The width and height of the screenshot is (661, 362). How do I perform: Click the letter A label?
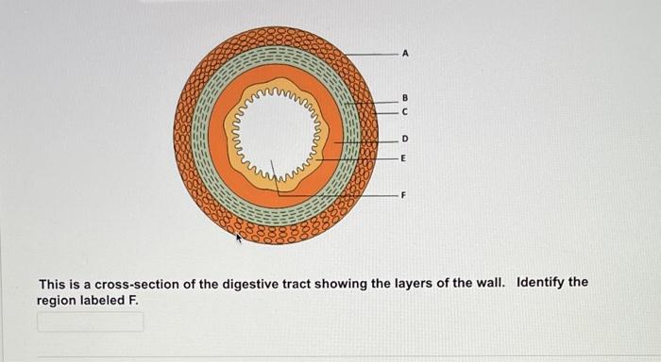pyautogui.click(x=405, y=55)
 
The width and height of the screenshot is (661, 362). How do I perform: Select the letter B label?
pyautogui.click(x=405, y=97)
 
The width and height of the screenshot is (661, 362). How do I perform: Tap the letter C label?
pyautogui.click(x=405, y=111)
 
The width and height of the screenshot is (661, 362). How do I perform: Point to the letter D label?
pyautogui.click(x=405, y=139)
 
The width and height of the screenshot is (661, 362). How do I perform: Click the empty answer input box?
pyautogui.click(x=91, y=321)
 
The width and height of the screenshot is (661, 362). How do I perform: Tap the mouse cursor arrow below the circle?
pyautogui.click(x=239, y=239)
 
